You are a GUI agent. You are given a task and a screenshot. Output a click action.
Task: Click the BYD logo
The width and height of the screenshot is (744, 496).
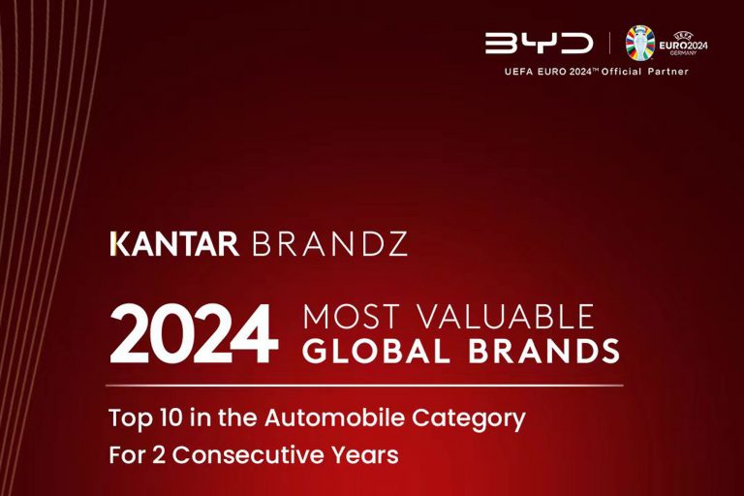click(x=539, y=43)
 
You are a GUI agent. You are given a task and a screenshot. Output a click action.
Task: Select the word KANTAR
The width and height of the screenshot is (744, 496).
click(x=174, y=244)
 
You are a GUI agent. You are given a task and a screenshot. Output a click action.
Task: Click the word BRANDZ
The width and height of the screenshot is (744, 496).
click(x=329, y=244)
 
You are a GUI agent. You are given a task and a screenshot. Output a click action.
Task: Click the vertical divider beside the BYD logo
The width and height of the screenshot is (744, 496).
click(x=609, y=43)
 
